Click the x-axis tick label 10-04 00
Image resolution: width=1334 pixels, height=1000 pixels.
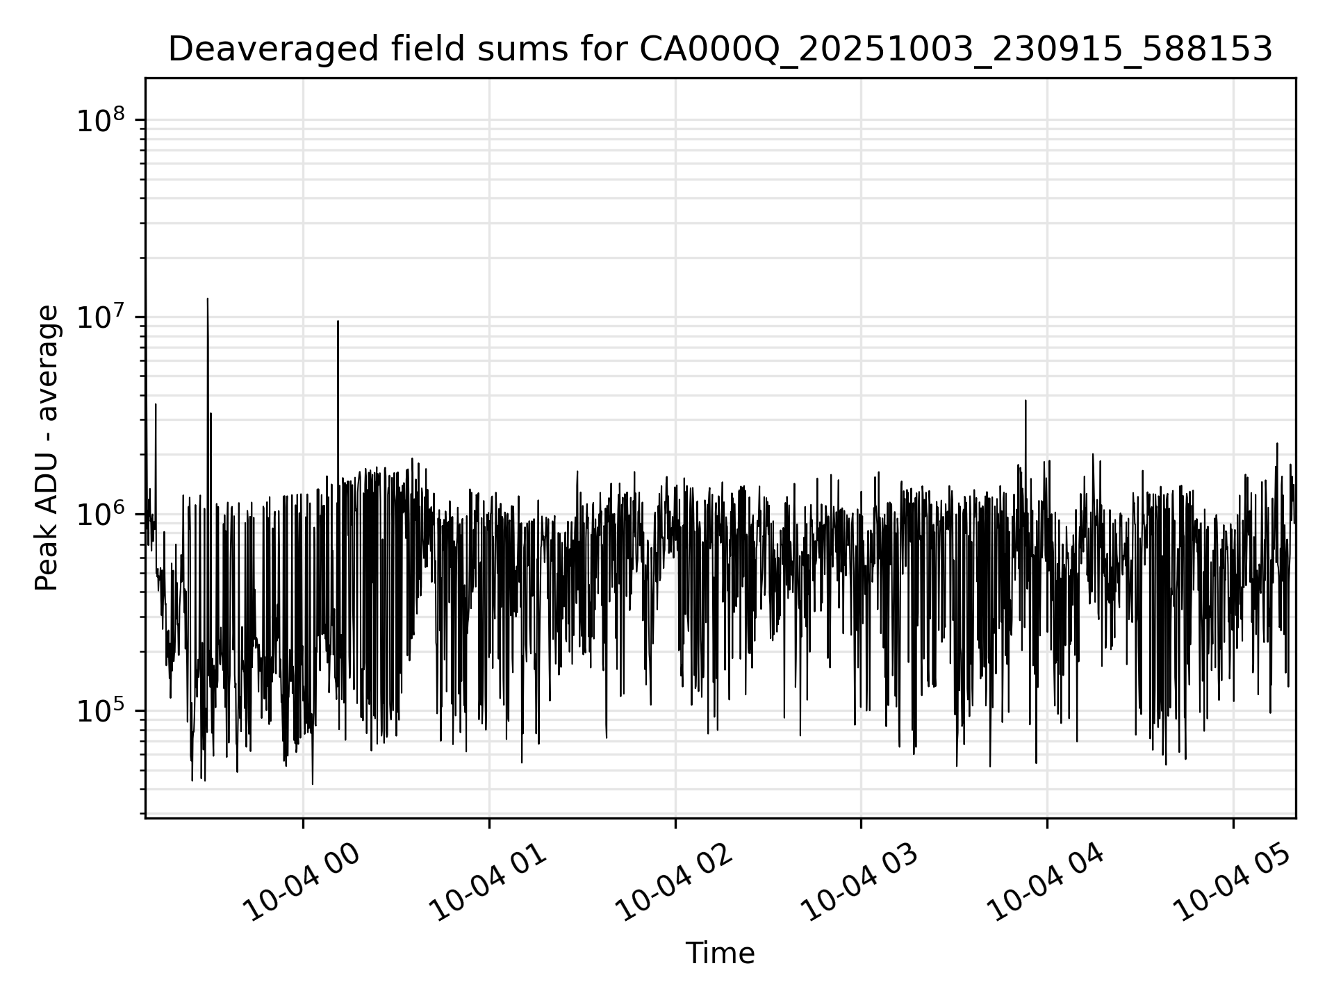(x=304, y=883)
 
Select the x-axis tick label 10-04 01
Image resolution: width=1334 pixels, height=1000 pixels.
(x=489, y=883)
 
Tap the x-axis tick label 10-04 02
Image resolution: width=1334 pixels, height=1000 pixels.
(x=675, y=883)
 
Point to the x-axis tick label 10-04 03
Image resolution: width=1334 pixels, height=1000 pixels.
(x=862, y=883)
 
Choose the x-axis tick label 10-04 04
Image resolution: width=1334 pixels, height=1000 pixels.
(x=1047, y=883)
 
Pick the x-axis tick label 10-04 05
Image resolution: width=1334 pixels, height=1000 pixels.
(x=1233, y=883)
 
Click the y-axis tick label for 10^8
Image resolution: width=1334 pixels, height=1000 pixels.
(x=101, y=120)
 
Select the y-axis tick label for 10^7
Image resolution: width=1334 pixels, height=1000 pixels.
(x=101, y=317)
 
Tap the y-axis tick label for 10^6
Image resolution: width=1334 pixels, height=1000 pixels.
(x=101, y=515)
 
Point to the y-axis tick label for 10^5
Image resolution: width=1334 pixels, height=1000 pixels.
(x=101, y=712)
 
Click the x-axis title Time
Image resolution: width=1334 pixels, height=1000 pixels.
(x=720, y=953)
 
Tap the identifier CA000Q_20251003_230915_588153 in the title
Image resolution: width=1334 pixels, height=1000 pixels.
(x=955, y=50)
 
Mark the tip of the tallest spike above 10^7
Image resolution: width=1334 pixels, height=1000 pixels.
(x=208, y=299)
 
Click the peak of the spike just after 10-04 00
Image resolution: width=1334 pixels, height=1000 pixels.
(x=338, y=321)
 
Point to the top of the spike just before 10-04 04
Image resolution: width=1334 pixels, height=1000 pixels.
(x=1026, y=401)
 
